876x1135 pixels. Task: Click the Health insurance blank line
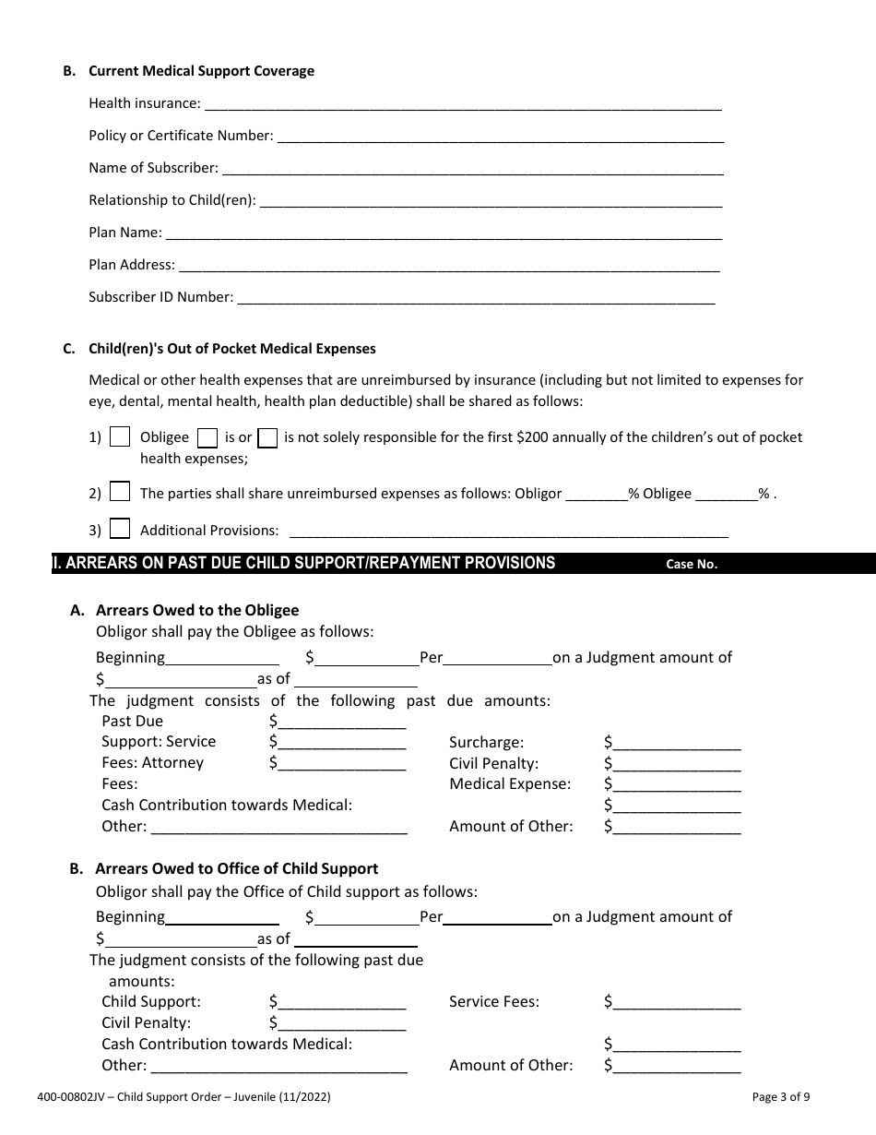point(461,105)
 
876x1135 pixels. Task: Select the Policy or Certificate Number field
point(500,137)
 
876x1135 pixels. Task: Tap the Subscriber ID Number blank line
point(476,299)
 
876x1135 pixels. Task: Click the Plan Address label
point(131,265)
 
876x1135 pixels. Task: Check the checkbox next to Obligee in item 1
point(120,437)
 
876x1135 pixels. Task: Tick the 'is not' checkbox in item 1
point(267,437)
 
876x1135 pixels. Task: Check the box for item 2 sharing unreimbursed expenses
point(120,493)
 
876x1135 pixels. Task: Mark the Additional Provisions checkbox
point(120,530)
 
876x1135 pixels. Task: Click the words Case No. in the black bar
point(692,565)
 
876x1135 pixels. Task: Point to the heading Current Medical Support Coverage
point(201,71)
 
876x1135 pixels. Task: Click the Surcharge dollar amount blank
point(676,744)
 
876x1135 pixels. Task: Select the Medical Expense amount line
point(676,785)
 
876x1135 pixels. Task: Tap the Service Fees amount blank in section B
point(676,1003)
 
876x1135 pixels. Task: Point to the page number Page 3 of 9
point(781,1097)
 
